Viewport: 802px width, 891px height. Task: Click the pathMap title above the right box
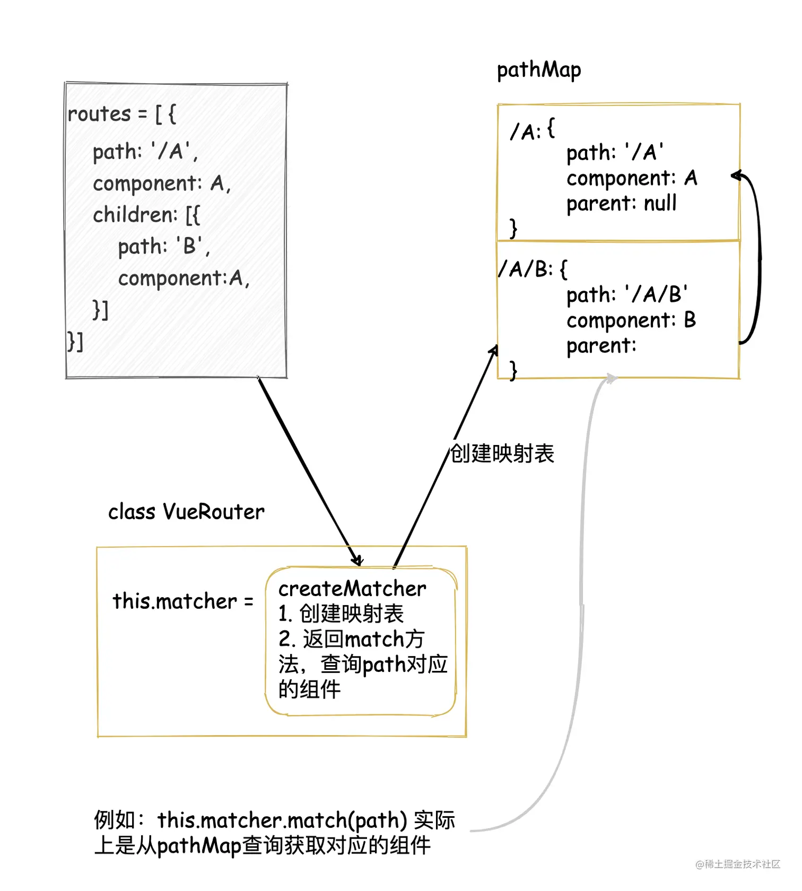point(538,70)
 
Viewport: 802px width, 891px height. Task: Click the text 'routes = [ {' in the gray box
point(121,114)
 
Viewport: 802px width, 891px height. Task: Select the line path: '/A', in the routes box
point(145,152)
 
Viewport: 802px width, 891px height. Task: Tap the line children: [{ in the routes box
point(146,215)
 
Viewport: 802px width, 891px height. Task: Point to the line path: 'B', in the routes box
point(163,247)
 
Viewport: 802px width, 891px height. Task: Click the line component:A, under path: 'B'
point(183,278)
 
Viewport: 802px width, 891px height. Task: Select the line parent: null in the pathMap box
point(621,204)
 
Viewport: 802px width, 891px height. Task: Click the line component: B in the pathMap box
point(631,320)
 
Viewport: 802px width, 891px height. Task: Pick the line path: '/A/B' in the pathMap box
point(626,295)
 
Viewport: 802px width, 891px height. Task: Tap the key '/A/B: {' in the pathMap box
point(533,269)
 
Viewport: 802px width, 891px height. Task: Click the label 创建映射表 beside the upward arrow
point(502,454)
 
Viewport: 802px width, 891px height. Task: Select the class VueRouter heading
point(186,512)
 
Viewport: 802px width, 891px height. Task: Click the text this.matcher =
point(182,602)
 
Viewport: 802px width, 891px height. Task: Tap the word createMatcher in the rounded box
point(352,589)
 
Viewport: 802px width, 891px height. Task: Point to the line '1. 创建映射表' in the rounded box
point(341,614)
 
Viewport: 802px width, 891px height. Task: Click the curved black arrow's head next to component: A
point(735,176)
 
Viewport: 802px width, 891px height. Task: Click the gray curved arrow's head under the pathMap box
point(613,378)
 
